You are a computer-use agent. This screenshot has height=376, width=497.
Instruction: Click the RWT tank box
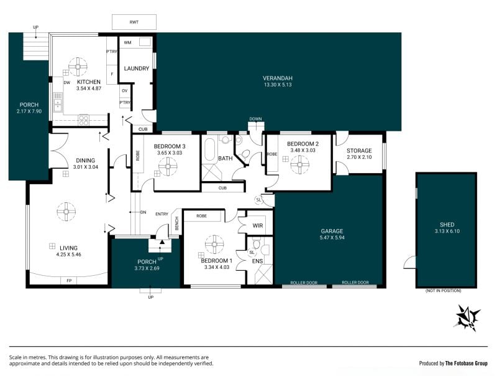tap(134, 22)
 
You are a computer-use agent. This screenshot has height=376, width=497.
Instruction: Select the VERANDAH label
tap(278, 78)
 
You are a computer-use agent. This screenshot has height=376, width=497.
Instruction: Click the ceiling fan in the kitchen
tap(78, 67)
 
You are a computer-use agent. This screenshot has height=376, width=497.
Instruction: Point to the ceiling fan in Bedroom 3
tap(168, 166)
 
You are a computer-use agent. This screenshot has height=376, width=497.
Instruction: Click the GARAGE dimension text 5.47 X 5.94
tap(332, 238)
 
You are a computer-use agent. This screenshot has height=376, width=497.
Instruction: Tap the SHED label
tap(447, 225)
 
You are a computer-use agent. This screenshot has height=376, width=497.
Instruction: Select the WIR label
tap(258, 226)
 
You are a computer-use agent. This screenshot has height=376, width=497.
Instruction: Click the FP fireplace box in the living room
tap(69, 280)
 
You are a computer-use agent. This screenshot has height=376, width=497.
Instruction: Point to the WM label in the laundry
tap(128, 42)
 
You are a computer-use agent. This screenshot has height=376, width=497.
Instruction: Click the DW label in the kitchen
tap(67, 83)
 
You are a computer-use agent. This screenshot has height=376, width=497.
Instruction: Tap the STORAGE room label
tap(359, 151)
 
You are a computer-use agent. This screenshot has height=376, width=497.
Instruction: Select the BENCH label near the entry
tap(177, 223)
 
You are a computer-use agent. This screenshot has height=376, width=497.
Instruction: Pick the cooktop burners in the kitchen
tap(84, 120)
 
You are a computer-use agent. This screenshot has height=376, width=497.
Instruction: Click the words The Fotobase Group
tap(467, 364)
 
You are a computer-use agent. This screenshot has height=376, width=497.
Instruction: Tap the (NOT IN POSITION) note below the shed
tap(444, 291)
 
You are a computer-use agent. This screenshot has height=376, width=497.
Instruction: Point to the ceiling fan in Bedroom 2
tap(299, 164)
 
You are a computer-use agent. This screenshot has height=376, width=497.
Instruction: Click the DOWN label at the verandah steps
tap(255, 119)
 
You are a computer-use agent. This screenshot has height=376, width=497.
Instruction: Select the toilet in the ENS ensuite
tap(257, 244)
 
